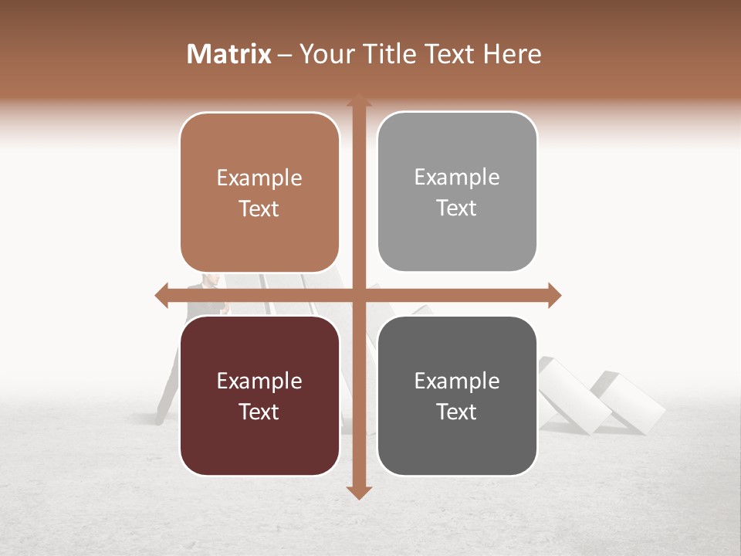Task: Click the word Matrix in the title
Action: [229, 54]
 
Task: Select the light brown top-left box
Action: [259, 193]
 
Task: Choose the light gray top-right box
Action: [457, 192]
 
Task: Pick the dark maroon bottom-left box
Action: [259, 396]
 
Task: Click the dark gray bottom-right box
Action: [457, 396]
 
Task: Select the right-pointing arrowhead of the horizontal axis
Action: [554, 295]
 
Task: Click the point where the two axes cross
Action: [358, 295]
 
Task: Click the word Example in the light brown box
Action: [259, 178]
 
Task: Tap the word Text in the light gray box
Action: [457, 208]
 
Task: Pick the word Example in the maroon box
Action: [259, 381]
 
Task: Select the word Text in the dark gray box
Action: [457, 412]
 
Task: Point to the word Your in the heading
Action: [325, 54]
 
